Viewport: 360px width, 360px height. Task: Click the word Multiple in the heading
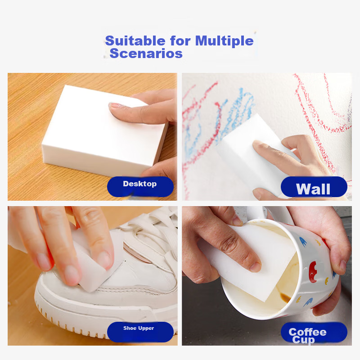pos(224,41)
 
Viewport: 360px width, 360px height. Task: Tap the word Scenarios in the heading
pos(146,54)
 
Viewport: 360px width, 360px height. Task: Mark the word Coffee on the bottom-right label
pos(307,332)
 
